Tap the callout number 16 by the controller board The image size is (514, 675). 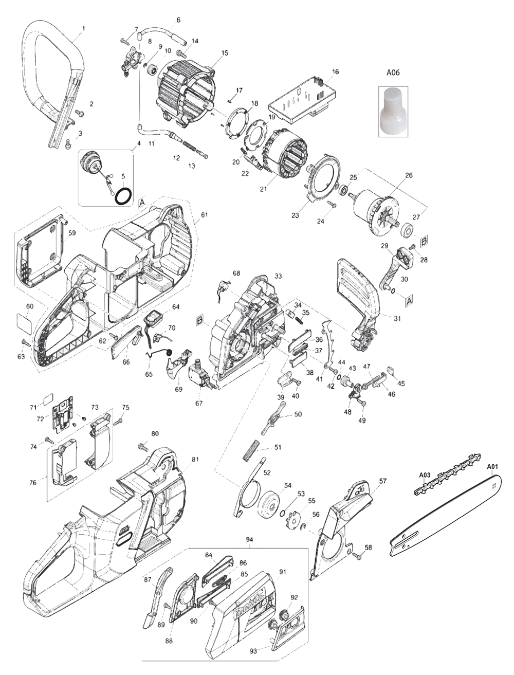(336, 72)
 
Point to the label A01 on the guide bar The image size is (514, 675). (493, 467)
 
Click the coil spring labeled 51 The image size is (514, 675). (250, 450)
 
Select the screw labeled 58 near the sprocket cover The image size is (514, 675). (357, 555)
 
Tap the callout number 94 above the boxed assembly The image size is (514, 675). (250, 540)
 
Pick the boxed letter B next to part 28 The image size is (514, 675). (425, 241)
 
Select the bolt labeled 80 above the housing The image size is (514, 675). (143, 447)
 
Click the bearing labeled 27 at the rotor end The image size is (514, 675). (409, 229)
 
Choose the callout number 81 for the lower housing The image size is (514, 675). (195, 459)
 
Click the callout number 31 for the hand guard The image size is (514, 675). (397, 318)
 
